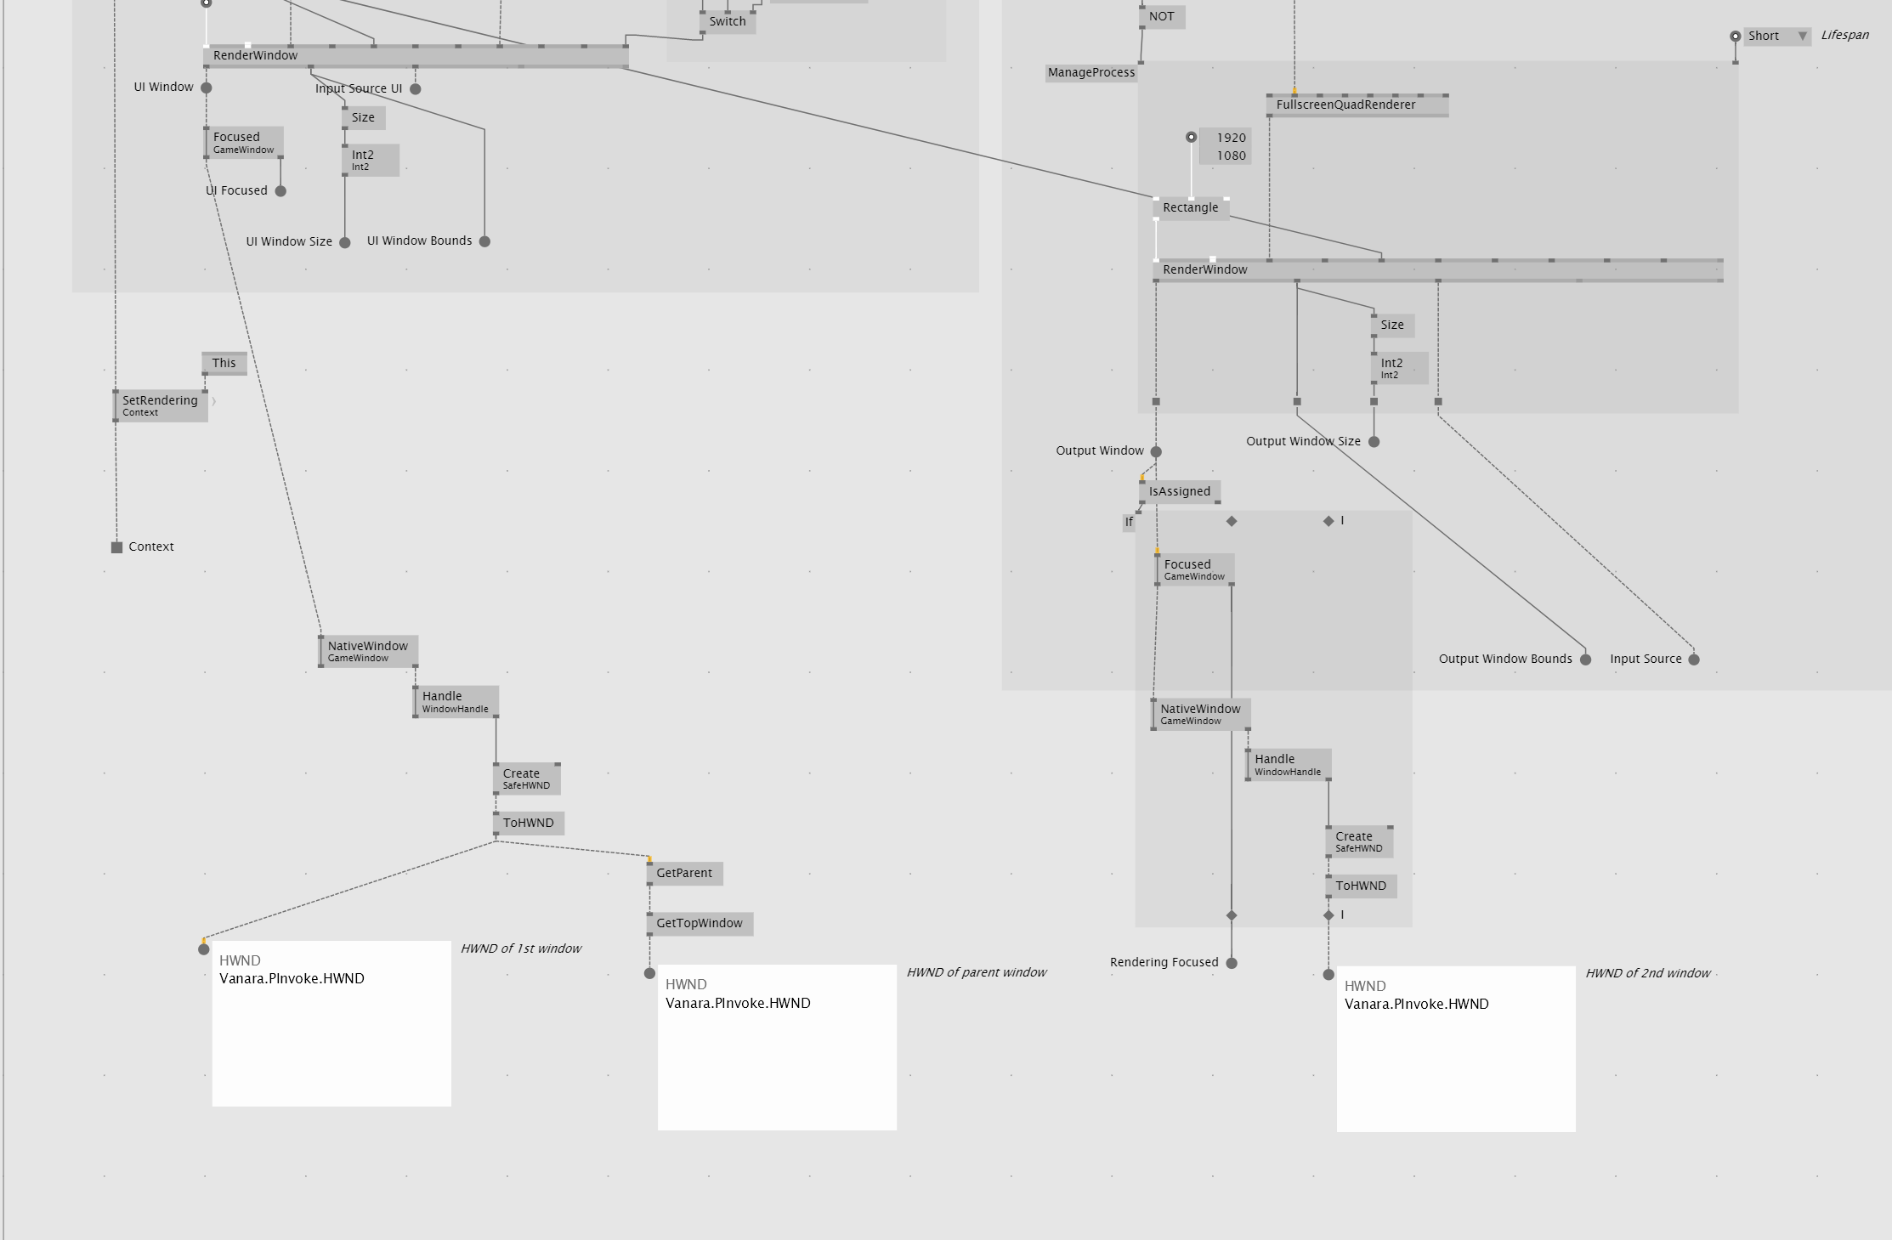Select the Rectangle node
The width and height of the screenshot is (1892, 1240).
[x=1190, y=208]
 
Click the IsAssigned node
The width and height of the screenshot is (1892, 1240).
[x=1179, y=492]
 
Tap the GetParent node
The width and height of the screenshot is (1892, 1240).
[x=683, y=874]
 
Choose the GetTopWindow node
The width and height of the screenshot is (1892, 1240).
[x=699, y=924]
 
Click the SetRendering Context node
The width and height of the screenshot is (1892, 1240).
[x=160, y=406]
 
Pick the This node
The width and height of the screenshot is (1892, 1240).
[x=224, y=364]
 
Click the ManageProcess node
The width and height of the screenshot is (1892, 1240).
[x=1090, y=73]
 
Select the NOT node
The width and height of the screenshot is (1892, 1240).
[x=1161, y=17]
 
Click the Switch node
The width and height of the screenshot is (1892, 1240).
[x=727, y=22]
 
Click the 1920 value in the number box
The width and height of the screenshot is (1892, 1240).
[x=1230, y=138]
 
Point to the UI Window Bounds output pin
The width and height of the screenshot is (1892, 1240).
[x=484, y=241]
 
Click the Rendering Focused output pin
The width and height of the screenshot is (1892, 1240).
[x=1232, y=963]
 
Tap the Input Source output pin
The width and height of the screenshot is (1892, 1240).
[x=1693, y=660]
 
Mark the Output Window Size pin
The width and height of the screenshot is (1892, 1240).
[x=1374, y=442]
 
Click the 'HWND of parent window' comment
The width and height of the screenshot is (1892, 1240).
[x=976, y=973]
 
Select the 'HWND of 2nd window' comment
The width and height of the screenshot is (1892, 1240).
[x=1647, y=974]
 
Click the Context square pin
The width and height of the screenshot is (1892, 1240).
[x=116, y=547]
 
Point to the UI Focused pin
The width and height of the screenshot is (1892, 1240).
[x=280, y=191]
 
